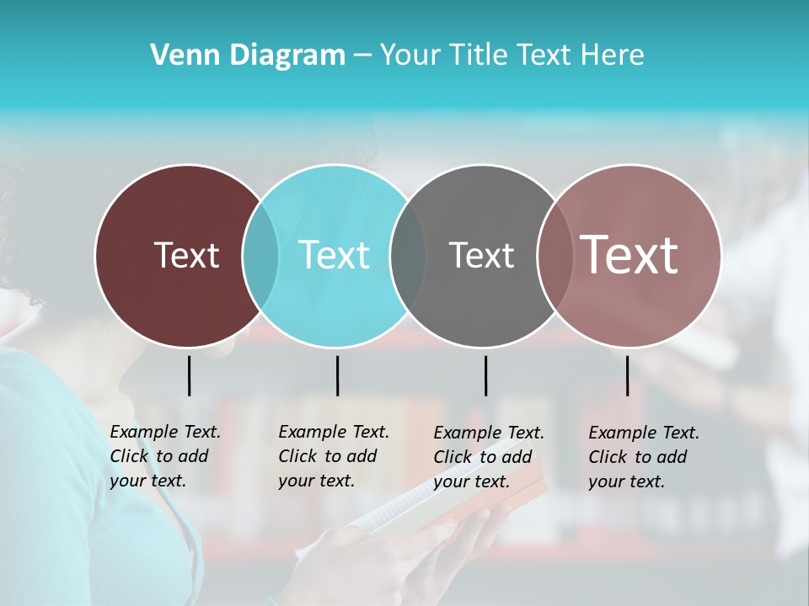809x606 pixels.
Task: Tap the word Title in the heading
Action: tap(478, 56)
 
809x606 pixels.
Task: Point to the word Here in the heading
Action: tap(612, 56)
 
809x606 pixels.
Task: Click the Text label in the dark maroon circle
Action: tap(186, 255)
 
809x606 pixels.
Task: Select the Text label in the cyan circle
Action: tap(334, 255)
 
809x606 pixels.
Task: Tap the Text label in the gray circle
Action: tap(481, 255)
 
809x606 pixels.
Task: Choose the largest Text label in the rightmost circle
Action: tap(630, 255)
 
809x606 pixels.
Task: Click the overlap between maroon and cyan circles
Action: tap(260, 255)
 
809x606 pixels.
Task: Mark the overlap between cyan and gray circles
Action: tap(408, 255)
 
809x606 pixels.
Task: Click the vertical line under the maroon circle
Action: tap(189, 375)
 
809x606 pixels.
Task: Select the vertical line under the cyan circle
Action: tap(337, 375)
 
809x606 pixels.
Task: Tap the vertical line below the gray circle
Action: tap(485, 375)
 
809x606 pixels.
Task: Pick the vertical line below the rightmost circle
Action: tap(627, 375)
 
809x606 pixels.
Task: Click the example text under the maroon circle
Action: tap(164, 456)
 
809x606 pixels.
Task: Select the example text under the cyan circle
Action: tap(333, 456)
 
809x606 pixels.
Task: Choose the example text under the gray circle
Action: tap(488, 457)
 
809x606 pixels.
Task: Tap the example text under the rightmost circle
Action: tap(643, 457)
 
